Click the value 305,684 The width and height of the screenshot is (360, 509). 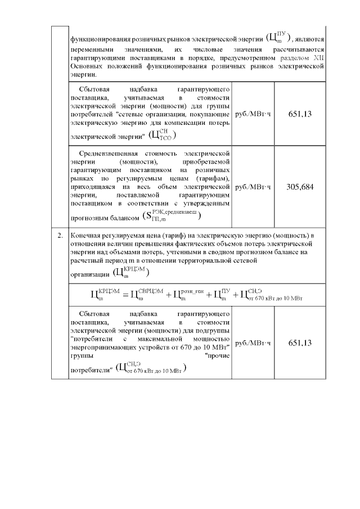click(299, 187)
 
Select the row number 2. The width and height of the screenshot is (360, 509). click(60, 235)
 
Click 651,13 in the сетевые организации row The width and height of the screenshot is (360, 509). click(299, 114)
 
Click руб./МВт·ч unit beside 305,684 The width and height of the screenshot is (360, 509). click(253, 187)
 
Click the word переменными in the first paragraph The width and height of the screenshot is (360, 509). click(91, 50)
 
